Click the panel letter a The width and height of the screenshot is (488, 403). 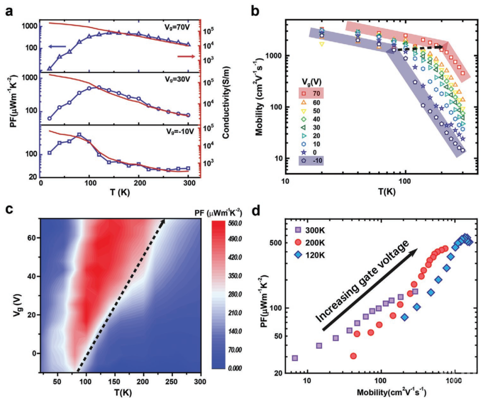pos(8,10)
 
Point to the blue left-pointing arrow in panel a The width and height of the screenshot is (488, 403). pos(59,47)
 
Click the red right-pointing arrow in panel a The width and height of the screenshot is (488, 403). pos(186,56)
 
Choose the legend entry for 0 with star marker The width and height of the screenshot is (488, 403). pos(313,151)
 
